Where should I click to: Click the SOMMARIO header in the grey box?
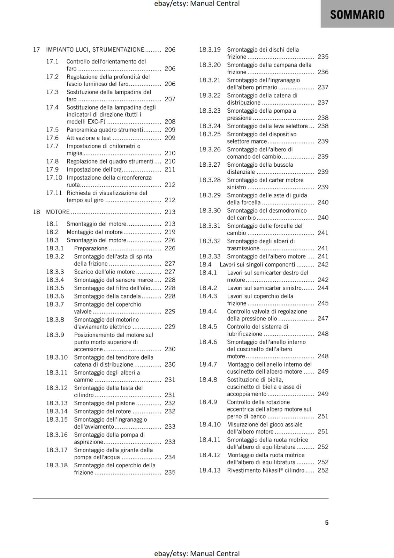357,15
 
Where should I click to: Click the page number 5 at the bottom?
327,522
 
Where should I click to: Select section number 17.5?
52,130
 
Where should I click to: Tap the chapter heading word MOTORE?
58,212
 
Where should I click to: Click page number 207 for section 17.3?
170,99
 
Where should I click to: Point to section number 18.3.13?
57,403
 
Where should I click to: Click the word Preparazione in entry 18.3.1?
91,248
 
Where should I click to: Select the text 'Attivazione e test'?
89,138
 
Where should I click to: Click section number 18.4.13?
210,470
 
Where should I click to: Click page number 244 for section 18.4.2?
323,288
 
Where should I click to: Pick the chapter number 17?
36,50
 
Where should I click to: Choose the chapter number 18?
36,212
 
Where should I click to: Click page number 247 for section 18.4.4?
323,318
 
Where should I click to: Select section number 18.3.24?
210,126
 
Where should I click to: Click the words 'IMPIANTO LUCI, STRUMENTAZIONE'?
95,50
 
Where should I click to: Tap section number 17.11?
54,193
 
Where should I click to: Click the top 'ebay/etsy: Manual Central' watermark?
197,4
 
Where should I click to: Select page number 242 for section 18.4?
323,264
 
